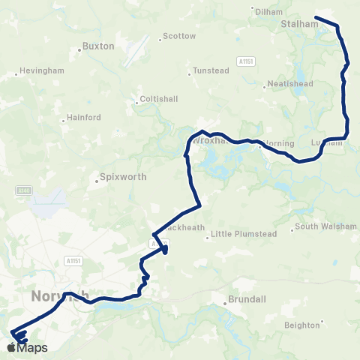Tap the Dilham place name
(268, 12)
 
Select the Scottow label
(179, 36)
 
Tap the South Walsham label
(323, 226)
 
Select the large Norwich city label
(59, 296)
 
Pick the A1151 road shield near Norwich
(73, 260)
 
